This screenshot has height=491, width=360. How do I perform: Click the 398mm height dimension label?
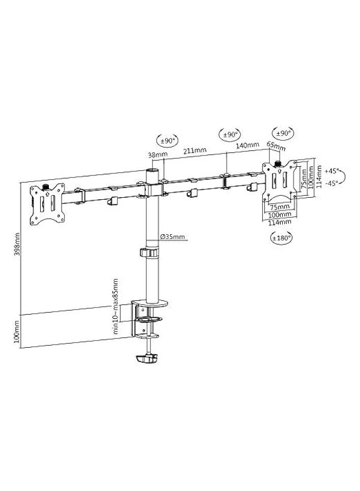[x=18, y=244]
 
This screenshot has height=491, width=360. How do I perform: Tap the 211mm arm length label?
[x=195, y=150]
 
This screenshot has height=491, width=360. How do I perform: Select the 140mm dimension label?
[x=248, y=145]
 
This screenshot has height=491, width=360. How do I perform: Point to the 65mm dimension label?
[x=276, y=146]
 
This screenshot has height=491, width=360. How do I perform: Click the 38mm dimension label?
[x=158, y=154]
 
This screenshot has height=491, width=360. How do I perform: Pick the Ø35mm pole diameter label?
[x=172, y=236]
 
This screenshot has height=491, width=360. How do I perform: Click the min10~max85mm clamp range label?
[x=116, y=306]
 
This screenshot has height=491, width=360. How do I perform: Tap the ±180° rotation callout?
[x=282, y=238]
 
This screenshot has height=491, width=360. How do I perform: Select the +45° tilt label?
[x=332, y=171]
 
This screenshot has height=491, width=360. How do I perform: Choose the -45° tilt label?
[x=332, y=183]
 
